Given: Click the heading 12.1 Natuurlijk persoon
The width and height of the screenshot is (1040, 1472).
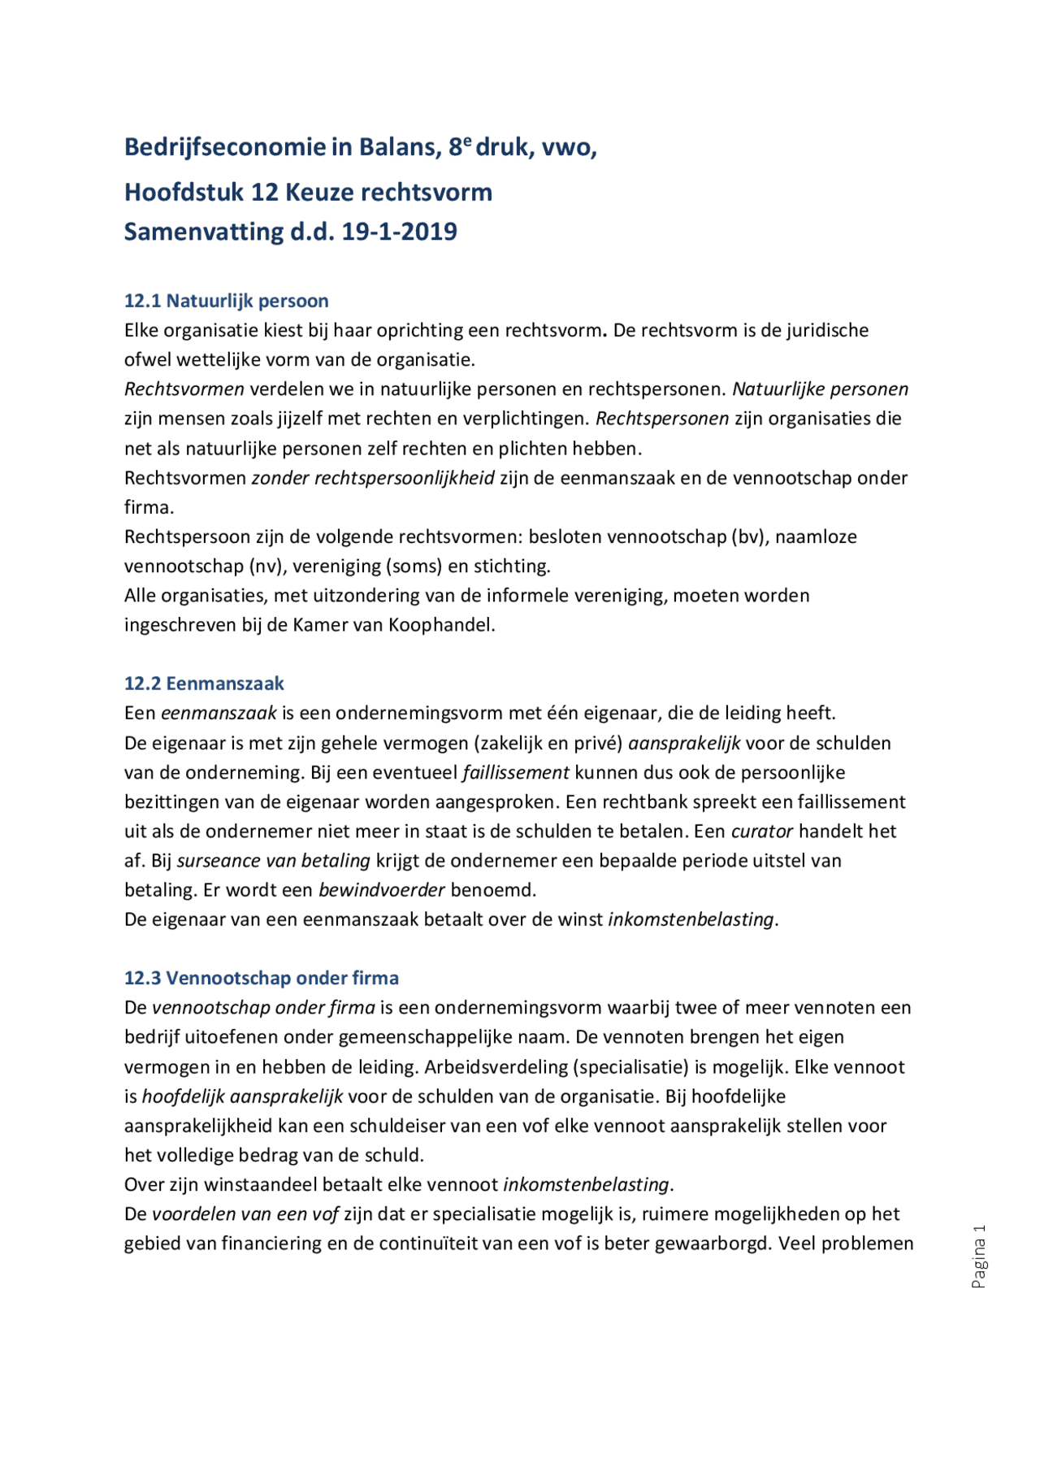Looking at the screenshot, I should pos(226,301).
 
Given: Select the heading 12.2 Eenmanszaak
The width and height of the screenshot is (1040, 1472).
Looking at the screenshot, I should pos(204,684).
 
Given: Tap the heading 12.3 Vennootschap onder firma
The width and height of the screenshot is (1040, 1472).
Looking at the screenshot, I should pos(261,978).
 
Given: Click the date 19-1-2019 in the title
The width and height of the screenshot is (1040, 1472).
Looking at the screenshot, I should pos(399,232).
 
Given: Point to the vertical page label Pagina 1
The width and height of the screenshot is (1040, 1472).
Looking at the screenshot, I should pos(979,1256).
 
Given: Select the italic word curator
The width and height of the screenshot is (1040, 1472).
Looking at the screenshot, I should pos(761,832).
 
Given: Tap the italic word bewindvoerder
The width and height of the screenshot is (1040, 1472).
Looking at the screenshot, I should pos(381,890).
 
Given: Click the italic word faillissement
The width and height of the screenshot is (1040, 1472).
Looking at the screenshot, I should pos(516,772).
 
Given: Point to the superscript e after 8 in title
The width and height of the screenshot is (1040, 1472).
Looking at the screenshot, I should pos(467,140).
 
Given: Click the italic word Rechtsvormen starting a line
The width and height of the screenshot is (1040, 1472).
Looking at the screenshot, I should pos(184,389).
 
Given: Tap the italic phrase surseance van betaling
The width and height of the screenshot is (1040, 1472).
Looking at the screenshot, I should pos(274,861).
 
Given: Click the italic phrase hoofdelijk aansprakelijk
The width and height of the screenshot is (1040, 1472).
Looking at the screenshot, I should pos(242,1096).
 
